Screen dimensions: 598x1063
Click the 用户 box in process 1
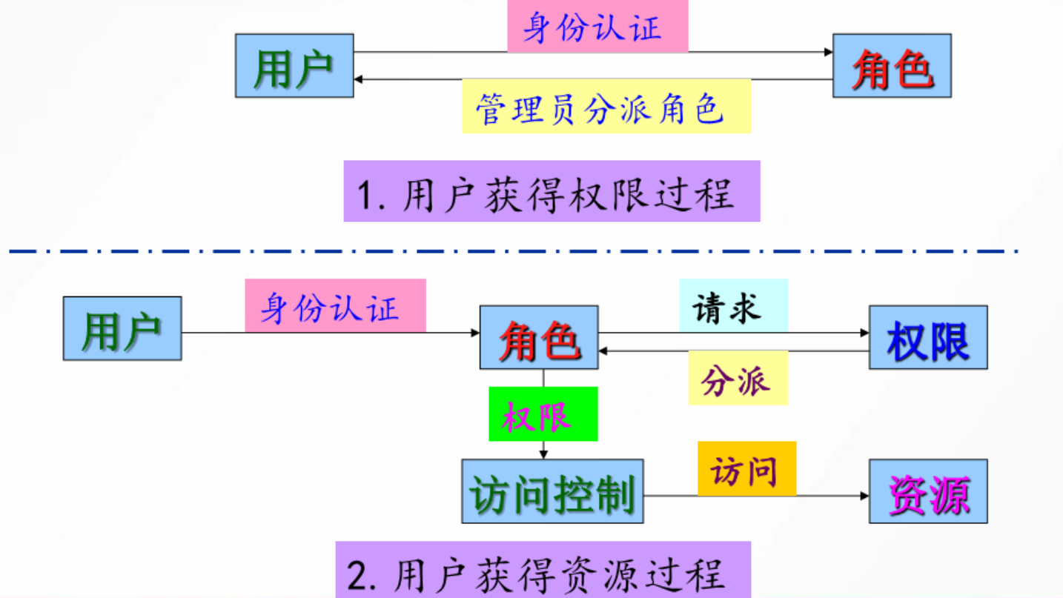tap(294, 66)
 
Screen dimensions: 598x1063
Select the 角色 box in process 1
tap(892, 66)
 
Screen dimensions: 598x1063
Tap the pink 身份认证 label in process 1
tap(597, 27)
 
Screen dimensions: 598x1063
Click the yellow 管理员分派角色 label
tap(606, 107)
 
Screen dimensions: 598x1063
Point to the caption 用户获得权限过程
tap(552, 192)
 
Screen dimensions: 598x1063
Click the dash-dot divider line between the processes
tap(519, 251)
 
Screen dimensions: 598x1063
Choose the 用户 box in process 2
tap(122, 328)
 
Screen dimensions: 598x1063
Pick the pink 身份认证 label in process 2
tap(335, 306)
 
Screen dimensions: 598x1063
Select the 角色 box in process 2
tap(539, 338)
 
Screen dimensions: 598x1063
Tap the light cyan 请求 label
tap(733, 306)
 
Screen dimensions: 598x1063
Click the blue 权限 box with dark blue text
tap(928, 338)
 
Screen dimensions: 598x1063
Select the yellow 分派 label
tap(738, 379)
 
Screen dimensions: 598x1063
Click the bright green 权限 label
tap(543, 414)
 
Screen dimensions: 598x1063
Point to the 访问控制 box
tap(552, 491)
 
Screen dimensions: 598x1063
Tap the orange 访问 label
tap(746, 469)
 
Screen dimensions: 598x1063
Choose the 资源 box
tap(928, 491)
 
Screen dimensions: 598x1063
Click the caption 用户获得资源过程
tap(543, 571)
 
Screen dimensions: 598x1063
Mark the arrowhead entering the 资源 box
tap(864, 495)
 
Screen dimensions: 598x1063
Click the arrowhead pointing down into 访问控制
tap(543, 454)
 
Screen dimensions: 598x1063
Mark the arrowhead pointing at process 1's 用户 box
tap(359, 79)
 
